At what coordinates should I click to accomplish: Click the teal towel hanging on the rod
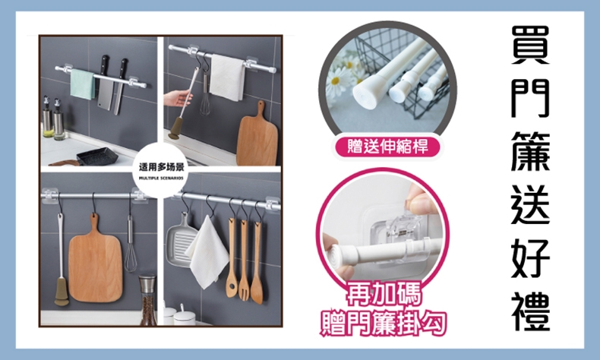82,84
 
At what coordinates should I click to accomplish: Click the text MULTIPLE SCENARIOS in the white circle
161,178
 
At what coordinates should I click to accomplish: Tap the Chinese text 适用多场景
162,167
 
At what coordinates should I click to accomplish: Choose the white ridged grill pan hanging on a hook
181,239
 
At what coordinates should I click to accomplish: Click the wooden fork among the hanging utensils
244,260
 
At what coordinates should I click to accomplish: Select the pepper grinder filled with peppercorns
147,299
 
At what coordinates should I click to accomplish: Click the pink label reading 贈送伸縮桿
387,147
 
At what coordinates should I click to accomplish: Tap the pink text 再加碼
384,294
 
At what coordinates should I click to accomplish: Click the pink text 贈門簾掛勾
384,324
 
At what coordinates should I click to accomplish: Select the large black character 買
530,45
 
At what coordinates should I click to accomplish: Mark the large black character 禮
531,311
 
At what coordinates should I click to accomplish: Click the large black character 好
531,258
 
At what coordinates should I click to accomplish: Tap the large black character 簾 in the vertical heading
531,151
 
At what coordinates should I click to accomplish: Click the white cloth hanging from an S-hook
207,253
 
